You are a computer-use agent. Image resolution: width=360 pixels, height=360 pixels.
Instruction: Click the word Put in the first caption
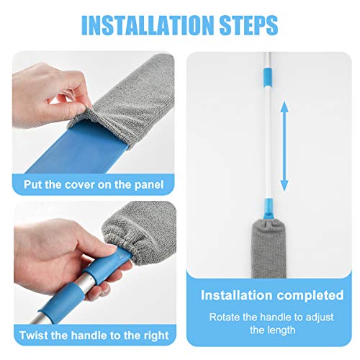[33, 185]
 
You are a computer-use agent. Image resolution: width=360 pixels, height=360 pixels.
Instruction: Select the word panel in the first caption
[148, 185]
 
